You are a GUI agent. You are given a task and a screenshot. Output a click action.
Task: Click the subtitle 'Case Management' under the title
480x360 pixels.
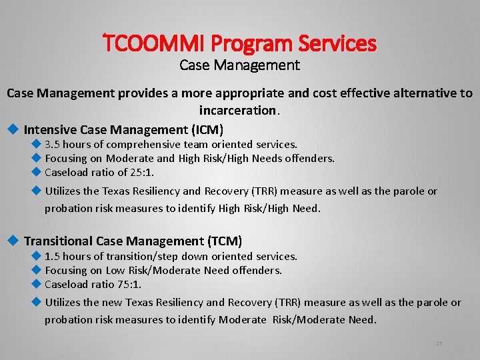point(240,65)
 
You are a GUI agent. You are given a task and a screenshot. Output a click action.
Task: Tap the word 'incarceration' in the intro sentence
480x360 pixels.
point(237,110)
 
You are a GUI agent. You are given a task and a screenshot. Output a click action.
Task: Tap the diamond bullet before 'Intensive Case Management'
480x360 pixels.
point(12,129)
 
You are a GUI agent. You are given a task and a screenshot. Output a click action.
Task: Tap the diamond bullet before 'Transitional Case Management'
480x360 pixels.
point(12,241)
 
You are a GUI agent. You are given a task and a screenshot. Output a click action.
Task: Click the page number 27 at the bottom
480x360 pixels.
point(439,343)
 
